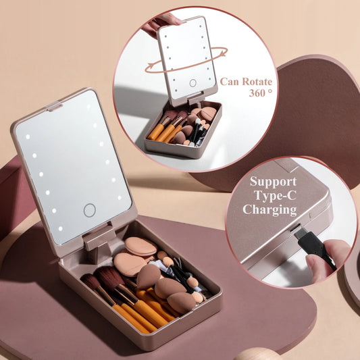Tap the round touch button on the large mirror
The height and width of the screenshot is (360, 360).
[x=89, y=210]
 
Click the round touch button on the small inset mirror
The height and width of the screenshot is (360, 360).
[x=192, y=83]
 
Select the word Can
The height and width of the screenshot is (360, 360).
[x=230, y=82]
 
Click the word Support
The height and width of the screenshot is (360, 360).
[x=273, y=182]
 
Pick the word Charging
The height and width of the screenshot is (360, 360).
[x=270, y=209]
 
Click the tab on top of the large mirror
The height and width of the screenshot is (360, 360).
[x=54, y=107]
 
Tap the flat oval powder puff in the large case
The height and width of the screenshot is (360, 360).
[x=140, y=247]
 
